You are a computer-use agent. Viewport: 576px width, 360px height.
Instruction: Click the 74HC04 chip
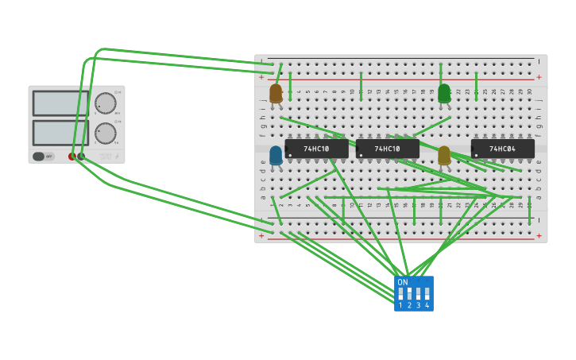(502, 149)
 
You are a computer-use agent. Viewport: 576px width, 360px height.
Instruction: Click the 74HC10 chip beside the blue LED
(316, 149)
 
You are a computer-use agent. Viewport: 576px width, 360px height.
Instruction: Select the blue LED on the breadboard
(276, 155)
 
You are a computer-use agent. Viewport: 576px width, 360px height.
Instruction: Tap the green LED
(444, 94)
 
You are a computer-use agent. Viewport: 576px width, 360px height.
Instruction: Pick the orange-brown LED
(276, 94)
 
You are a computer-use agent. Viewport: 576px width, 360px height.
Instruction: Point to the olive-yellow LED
(444, 155)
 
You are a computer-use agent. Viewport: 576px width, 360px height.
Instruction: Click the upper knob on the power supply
(105, 103)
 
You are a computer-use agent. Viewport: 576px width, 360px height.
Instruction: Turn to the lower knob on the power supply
(105, 133)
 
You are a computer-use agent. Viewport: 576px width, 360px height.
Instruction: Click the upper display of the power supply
(60, 103)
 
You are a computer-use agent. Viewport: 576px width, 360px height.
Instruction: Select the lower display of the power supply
(60, 132)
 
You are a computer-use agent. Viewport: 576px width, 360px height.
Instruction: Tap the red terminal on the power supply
(73, 157)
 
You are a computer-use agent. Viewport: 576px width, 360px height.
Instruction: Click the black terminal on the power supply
(82, 157)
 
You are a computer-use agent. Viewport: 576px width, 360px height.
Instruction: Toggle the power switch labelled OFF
(43, 157)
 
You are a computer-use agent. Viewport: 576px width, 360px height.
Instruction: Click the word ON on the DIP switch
(403, 282)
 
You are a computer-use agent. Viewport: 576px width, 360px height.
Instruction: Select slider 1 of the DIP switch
(401, 293)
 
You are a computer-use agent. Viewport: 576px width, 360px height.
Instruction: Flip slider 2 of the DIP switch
(410, 293)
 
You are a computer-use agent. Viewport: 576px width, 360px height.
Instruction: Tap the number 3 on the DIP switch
(418, 305)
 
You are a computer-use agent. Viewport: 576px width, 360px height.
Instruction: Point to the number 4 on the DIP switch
(427, 305)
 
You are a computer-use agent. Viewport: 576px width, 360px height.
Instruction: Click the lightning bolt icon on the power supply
(118, 157)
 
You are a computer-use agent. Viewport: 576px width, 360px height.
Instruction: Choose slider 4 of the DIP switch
(427, 293)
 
